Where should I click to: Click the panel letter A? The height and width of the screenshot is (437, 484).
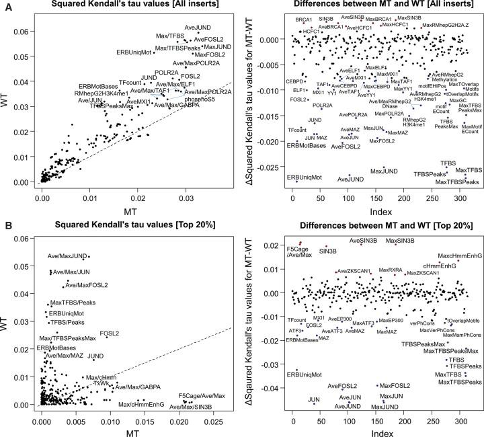coord(5,6)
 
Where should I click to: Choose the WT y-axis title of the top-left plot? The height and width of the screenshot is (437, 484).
coord(5,107)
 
